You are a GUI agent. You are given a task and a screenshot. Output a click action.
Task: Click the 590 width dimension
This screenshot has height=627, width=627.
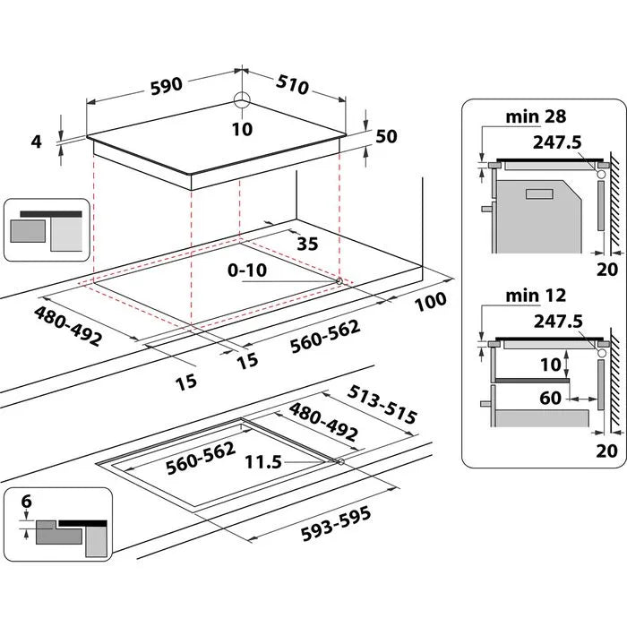tap(166, 85)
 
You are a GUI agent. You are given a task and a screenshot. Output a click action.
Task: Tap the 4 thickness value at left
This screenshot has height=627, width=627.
tap(35, 141)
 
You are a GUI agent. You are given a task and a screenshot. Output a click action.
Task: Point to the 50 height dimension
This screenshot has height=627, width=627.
tap(386, 136)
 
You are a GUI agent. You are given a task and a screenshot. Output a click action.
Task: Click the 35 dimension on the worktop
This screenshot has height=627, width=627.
tap(307, 243)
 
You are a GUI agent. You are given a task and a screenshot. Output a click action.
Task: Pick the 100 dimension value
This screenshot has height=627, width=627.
tap(430, 302)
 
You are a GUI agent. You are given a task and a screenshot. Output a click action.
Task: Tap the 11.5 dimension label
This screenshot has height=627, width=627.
tap(262, 462)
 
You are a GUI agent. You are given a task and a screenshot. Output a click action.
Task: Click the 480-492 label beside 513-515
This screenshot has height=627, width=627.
tap(322, 422)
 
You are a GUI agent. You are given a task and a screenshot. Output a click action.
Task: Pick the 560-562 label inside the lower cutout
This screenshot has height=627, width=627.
tap(200, 458)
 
